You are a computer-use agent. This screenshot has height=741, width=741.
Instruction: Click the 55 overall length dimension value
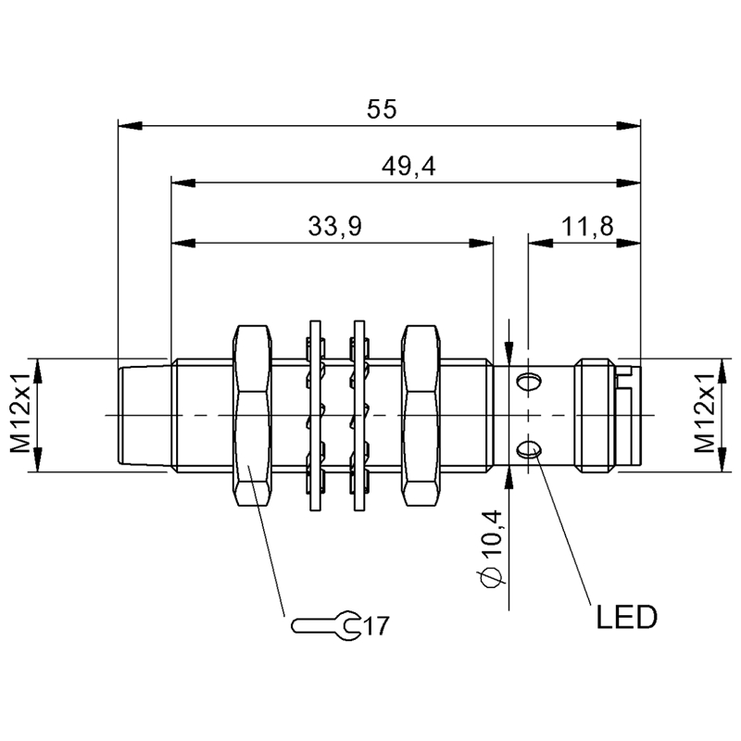pos(381,109)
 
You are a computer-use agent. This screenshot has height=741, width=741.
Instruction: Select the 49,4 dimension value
pos(408,167)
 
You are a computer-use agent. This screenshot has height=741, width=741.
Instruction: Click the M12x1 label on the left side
pos(20,415)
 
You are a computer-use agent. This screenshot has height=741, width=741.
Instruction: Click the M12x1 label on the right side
pos(709,415)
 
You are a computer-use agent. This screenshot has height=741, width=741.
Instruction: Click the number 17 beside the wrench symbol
pos(374,626)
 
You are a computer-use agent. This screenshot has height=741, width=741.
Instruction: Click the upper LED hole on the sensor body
pos(530,380)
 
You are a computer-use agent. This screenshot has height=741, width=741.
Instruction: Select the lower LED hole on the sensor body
pos(530,450)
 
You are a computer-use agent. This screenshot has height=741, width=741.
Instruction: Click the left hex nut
pos(253,415)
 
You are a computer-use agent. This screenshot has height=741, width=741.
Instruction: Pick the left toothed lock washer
pos(313,415)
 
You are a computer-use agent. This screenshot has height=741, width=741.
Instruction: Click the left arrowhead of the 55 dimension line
pos(128,124)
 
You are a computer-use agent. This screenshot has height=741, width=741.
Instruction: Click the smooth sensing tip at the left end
pos(144,415)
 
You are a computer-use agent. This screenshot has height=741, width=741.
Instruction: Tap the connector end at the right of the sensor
pos(607,415)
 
